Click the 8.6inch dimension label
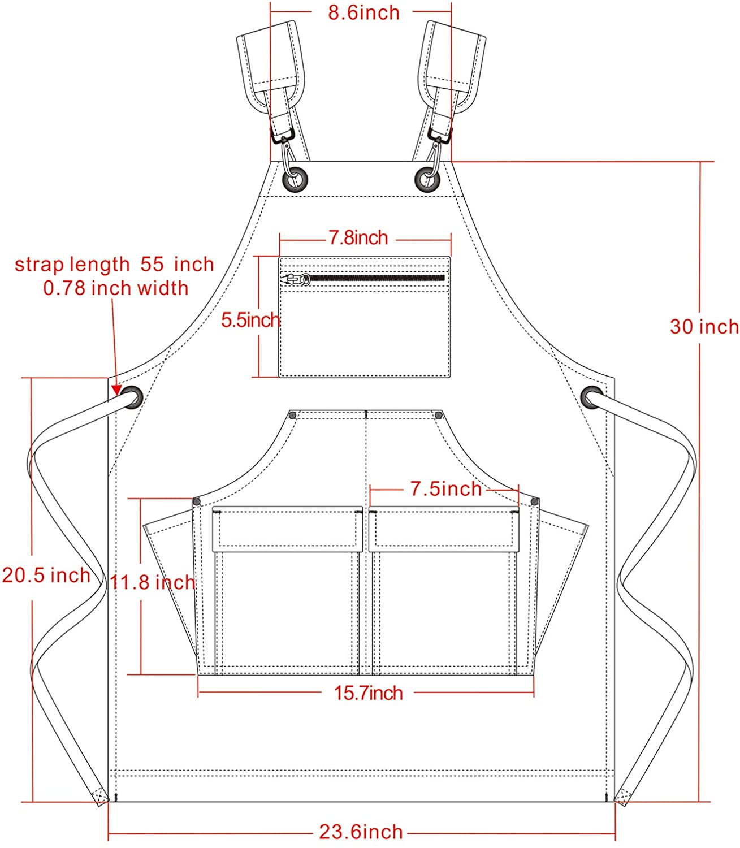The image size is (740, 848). [363, 12]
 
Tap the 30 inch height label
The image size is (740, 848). [704, 327]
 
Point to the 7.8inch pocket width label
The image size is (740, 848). [358, 238]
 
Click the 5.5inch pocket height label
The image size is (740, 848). [250, 320]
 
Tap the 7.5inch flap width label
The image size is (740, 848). [446, 488]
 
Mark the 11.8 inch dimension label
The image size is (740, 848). [153, 582]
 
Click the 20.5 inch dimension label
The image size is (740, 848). [46, 576]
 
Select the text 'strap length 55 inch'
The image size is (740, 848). [114, 264]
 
